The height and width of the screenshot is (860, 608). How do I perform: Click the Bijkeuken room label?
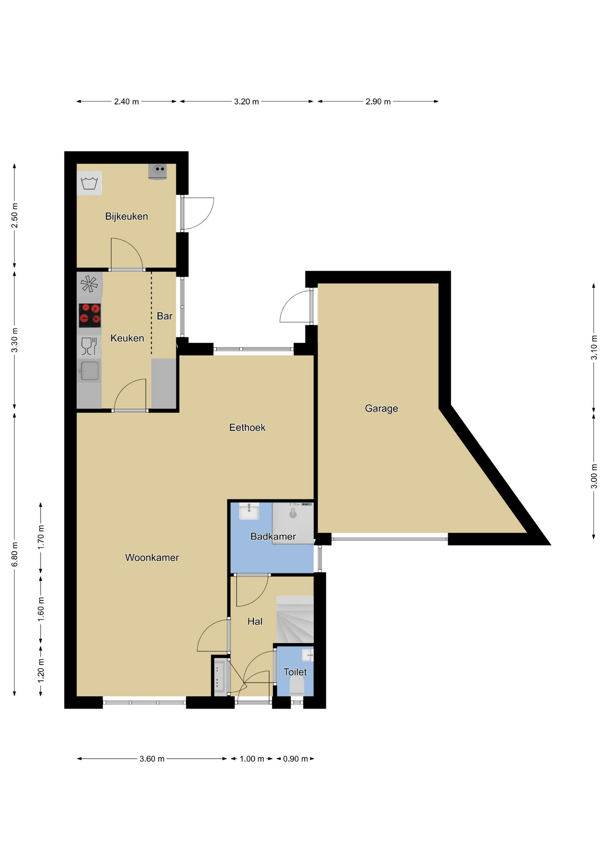pos(126,216)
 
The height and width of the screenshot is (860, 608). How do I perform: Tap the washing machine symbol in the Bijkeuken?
pos(89,183)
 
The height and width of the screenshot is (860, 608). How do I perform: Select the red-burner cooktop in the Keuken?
pos(90,315)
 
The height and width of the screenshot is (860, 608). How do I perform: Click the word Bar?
pos(164,316)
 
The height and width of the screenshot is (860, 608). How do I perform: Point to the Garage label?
pos(381,408)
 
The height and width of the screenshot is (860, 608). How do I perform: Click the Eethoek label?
pos(247,428)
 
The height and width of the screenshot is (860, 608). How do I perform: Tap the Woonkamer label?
pos(152,558)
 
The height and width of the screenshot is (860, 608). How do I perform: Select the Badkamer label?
pos(273,537)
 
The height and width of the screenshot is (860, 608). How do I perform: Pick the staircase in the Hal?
pos(295,619)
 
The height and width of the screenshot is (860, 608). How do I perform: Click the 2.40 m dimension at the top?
pos(126,102)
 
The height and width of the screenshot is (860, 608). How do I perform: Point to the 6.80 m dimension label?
pos(15,554)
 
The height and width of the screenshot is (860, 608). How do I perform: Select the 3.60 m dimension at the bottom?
pos(152,759)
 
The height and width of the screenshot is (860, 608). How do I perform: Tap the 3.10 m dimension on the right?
pos(594,348)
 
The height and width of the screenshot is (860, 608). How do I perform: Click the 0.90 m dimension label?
pos(295,759)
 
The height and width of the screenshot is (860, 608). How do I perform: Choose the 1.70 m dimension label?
pos(41,537)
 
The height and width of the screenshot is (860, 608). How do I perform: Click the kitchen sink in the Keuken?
pos(89,371)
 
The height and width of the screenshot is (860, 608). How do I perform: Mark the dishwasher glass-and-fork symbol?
pos(89,346)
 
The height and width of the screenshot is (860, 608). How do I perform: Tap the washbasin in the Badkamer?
pos(249,511)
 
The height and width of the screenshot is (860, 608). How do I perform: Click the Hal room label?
pos(255,621)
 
